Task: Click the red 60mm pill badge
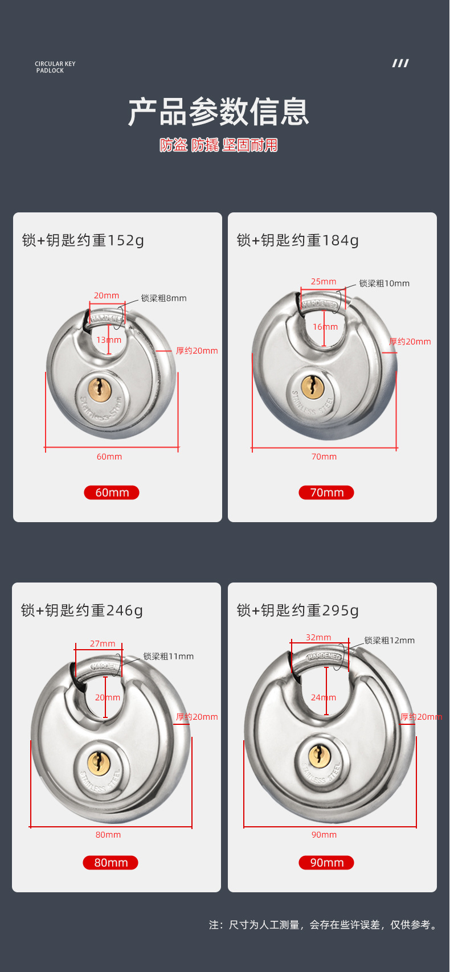[x=112, y=493]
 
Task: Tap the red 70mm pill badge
[x=326, y=493]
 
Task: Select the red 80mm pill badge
[x=111, y=863]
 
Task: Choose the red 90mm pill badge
[x=326, y=863]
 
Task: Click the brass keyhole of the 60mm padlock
[x=99, y=389]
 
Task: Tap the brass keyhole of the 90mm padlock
[x=318, y=756]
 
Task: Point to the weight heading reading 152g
[x=83, y=240]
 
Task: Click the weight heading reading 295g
[x=298, y=610]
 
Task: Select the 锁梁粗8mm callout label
[x=163, y=298]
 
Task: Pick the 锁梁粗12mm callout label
[x=390, y=641]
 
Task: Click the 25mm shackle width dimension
[x=324, y=281]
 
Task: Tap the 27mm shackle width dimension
[x=103, y=643]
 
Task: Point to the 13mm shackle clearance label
[x=109, y=340]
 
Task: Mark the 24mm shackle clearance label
[x=324, y=698]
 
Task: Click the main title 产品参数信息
[x=219, y=112]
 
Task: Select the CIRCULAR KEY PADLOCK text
[x=55, y=67]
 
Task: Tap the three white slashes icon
[x=400, y=63]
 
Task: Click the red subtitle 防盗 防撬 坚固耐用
[x=219, y=145]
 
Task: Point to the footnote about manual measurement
[x=324, y=925]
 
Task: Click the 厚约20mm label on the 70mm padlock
[x=410, y=342]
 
